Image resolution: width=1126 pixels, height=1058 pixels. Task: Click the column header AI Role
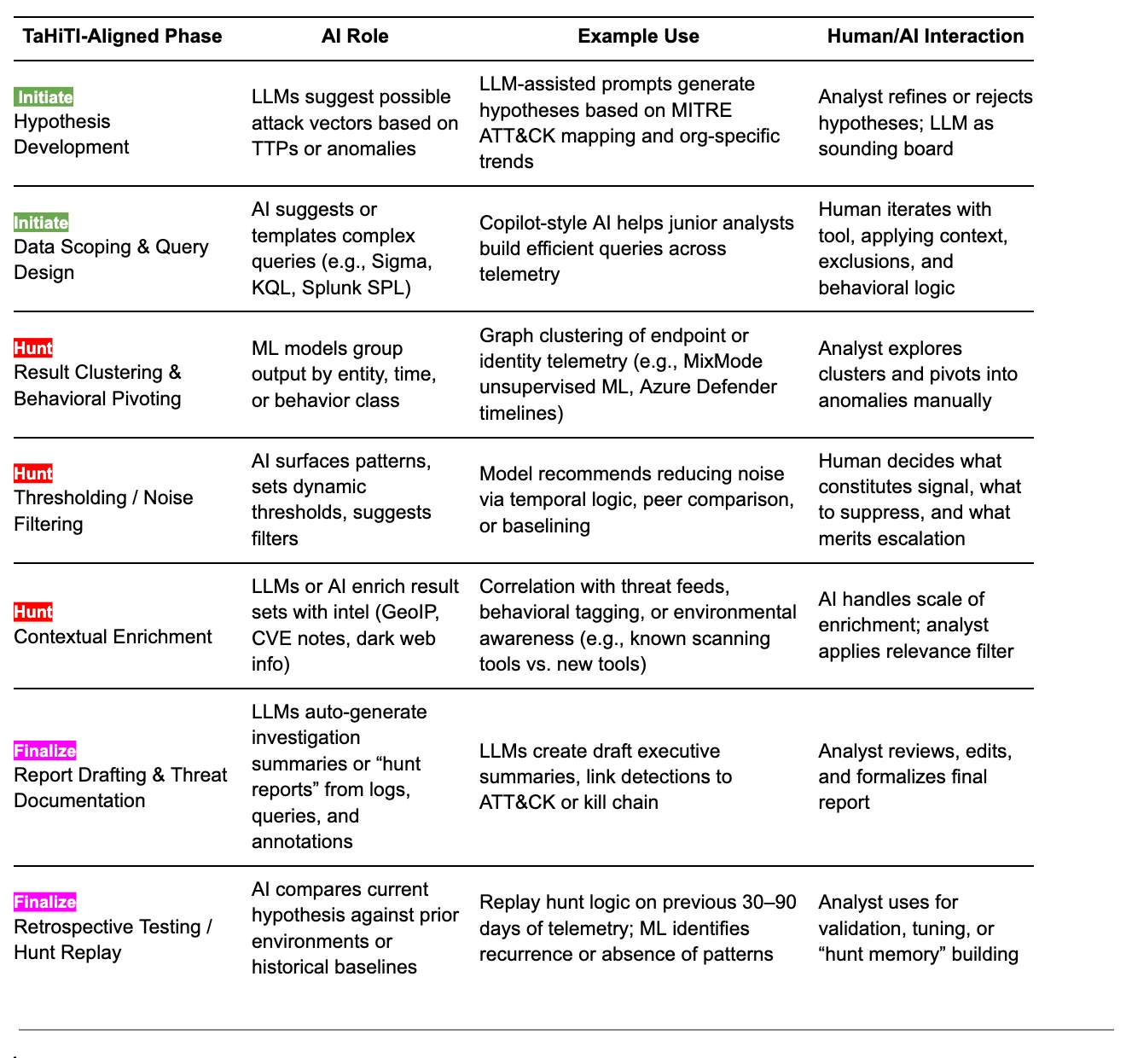(355, 36)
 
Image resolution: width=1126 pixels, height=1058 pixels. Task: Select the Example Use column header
(638, 36)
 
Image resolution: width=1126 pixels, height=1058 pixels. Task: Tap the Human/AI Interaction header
(926, 36)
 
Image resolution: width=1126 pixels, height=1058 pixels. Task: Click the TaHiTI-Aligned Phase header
(122, 36)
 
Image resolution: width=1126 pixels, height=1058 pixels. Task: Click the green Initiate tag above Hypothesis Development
(44, 97)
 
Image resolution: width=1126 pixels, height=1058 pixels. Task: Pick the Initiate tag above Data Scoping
(42, 223)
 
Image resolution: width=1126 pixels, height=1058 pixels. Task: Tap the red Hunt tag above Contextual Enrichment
(33, 612)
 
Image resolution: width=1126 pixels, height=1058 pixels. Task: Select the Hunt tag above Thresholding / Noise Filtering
(33, 474)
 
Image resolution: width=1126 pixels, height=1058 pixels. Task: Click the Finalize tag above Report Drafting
(45, 751)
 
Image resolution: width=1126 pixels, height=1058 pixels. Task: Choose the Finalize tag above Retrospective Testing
(45, 901)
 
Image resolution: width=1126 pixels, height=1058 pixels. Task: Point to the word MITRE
(701, 110)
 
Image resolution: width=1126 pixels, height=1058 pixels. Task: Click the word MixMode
(723, 361)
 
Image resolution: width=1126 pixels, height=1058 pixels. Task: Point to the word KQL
(273, 288)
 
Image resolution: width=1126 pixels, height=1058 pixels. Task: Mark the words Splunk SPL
(356, 288)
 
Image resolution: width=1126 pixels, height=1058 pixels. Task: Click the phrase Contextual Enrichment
(113, 637)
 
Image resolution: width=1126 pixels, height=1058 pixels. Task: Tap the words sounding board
(885, 148)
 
